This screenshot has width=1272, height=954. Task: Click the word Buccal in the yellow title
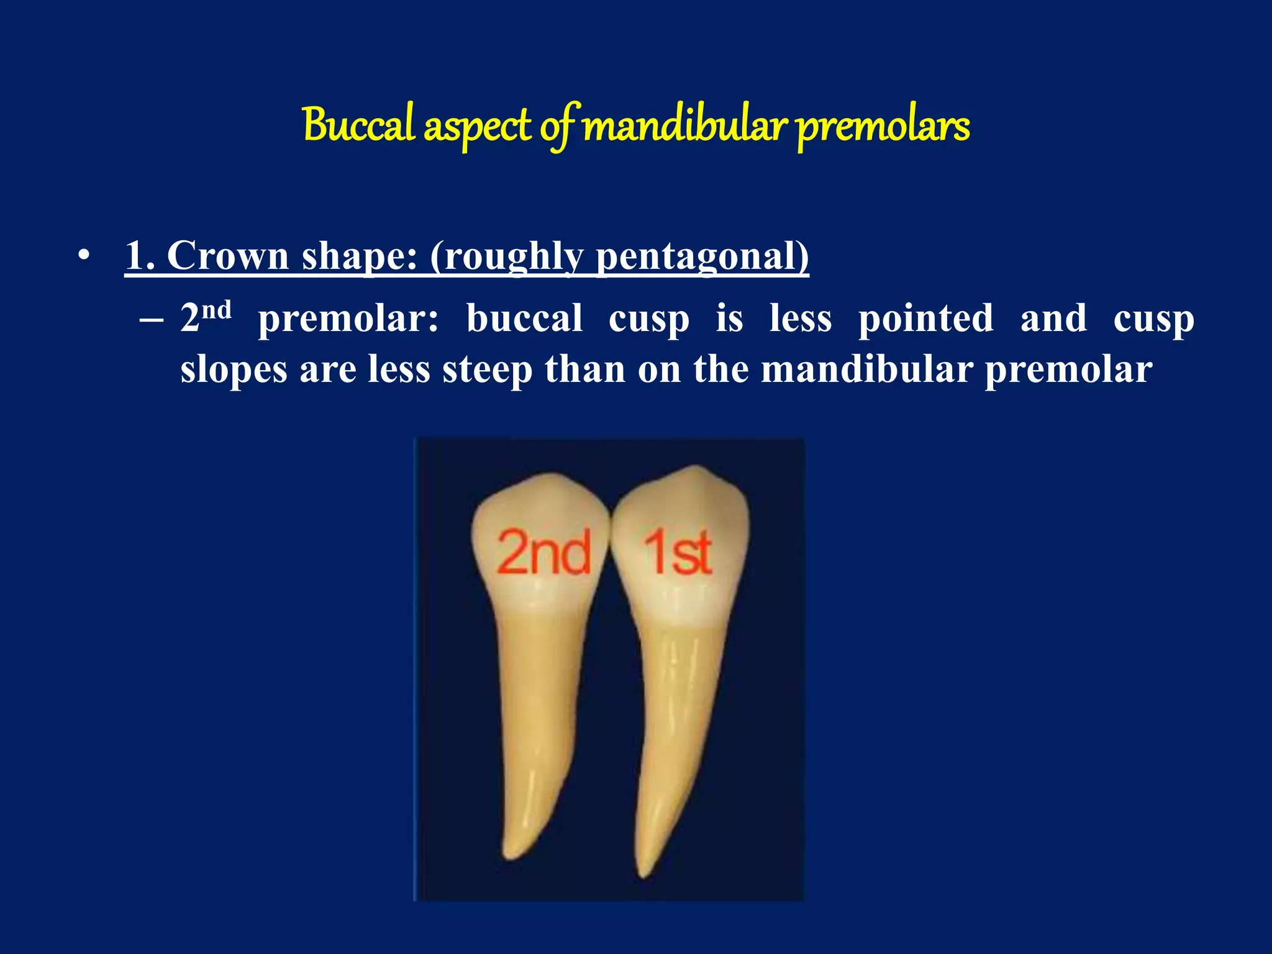(359, 125)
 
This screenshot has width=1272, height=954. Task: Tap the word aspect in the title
(478, 127)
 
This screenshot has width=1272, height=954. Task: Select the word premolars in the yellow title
(883, 127)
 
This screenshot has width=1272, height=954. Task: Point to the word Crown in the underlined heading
(228, 255)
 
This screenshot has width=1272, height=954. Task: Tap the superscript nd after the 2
(217, 310)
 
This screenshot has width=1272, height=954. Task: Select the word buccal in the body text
(525, 319)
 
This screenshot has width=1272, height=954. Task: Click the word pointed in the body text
(926, 319)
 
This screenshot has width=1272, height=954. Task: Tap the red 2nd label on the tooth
(543, 552)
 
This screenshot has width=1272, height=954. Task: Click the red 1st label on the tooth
(678, 552)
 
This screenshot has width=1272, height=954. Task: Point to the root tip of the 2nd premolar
(511, 856)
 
